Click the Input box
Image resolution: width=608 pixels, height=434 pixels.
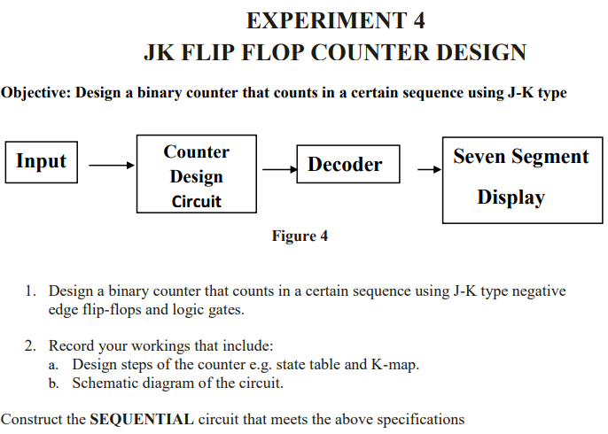(42, 162)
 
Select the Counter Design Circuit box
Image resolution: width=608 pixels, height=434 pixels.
(196, 174)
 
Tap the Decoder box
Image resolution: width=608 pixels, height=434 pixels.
(346, 164)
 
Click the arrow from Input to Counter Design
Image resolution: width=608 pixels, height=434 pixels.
(111, 165)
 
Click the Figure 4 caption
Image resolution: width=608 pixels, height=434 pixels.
(300, 236)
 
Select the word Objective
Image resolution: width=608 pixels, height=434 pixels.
(35, 92)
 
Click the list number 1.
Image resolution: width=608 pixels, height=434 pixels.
(30, 291)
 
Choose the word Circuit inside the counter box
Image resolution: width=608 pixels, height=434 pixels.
(196, 201)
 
